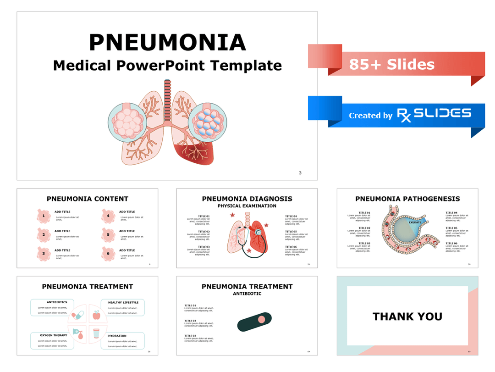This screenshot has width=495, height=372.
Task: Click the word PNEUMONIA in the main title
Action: coord(167,43)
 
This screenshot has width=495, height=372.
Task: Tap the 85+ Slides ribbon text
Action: coord(391,65)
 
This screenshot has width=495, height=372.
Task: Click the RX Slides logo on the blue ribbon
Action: coord(434,114)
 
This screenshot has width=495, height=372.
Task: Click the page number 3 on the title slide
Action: coord(300,173)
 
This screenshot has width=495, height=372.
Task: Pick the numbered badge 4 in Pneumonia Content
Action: coord(108,216)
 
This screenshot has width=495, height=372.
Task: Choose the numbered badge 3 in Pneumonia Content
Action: coord(44,253)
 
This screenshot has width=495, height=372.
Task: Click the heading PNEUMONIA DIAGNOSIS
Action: coord(247,199)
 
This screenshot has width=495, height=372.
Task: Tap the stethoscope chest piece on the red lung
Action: coord(259,232)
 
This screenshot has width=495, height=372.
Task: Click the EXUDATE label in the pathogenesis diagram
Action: coord(415,222)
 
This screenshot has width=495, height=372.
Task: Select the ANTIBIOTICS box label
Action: coord(57,302)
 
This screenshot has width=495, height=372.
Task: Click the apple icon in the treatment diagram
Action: coord(96,316)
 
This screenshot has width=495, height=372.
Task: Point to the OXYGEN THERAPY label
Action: coord(54,335)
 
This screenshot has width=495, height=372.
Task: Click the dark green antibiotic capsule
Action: coord(254,322)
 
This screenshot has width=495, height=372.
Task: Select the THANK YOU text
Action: coord(407,316)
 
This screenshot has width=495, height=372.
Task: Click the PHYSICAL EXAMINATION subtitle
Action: coord(247,206)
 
